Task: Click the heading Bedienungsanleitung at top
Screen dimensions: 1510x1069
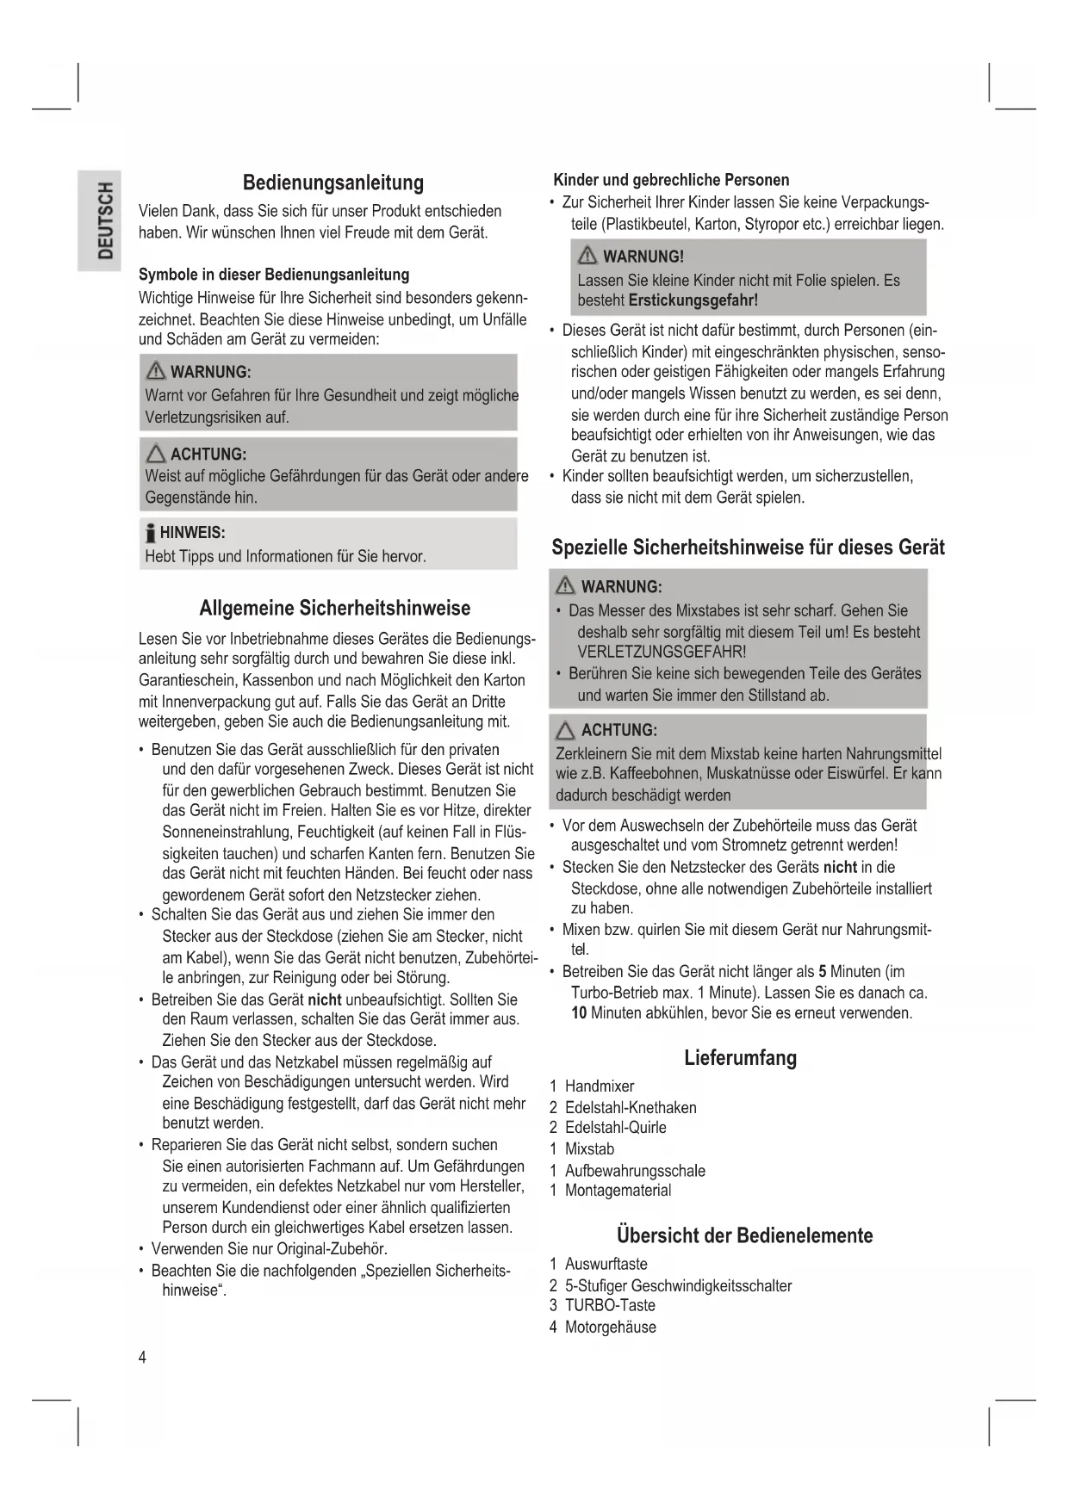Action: tap(333, 183)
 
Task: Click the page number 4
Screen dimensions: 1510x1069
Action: tap(143, 1358)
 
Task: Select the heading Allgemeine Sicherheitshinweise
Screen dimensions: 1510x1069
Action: tap(334, 608)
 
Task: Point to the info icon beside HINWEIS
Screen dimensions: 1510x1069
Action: tap(151, 533)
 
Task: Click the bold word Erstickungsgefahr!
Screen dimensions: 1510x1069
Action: tap(693, 300)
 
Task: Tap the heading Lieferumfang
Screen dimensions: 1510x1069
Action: tap(740, 1057)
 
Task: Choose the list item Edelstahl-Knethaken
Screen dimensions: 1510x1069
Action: tap(631, 1107)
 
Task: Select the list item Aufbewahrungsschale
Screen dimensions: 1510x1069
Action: tap(635, 1171)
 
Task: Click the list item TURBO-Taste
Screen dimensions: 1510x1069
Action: tap(610, 1305)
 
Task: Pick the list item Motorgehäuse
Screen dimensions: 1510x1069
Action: tap(610, 1327)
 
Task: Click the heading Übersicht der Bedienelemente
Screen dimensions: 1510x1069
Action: tap(744, 1235)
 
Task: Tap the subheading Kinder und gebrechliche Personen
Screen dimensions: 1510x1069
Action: tap(671, 180)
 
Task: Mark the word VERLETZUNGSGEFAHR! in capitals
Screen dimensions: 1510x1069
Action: tap(662, 652)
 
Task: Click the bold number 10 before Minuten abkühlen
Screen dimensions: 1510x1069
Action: tap(579, 1013)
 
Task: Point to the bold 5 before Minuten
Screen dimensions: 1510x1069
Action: tap(823, 972)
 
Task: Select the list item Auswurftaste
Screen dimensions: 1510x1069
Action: tap(606, 1264)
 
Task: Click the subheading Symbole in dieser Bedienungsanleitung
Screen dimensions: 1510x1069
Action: tap(274, 275)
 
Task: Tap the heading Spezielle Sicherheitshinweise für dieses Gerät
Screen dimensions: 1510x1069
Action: tap(748, 548)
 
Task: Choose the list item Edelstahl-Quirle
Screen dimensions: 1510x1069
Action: tap(615, 1128)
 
